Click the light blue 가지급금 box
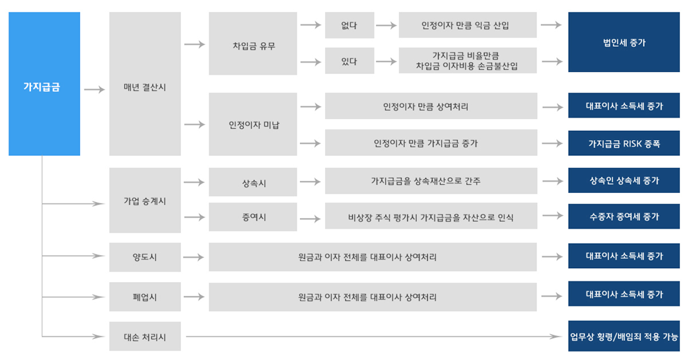click(44, 83)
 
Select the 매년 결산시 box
click(145, 83)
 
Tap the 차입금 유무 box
click(252, 44)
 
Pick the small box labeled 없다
click(349, 26)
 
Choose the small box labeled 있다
click(349, 61)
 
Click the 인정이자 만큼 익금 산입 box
click(468, 25)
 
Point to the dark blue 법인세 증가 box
click(624, 42)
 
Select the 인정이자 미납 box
click(252, 124)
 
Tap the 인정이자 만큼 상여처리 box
click(431, 106)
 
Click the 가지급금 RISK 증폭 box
click(624, 143)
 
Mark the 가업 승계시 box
click(145, 200)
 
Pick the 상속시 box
click(252, 182)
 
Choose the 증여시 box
click(252, 217)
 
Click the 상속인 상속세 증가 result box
click(624, 180)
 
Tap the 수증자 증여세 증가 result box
click(624, 216)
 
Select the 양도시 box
click(145, 257)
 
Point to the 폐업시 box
click(145, 297)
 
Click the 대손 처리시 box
click(145, 336)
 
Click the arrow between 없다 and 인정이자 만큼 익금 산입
click(386, 26)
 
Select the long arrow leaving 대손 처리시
click(373, 337)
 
